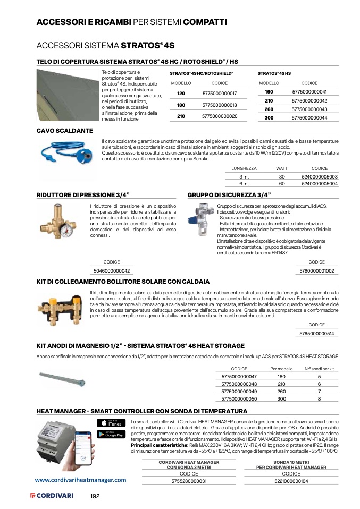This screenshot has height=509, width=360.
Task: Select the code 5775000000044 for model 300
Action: [x=309, y=118]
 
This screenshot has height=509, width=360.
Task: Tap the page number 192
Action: [x=95, y=496]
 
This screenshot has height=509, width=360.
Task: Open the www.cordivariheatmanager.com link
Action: [x=80, y=479]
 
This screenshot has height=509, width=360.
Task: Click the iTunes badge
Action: [x=111, y=423]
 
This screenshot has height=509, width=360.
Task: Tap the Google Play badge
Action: [x=111, y=434]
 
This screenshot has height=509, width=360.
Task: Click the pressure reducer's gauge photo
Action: [x=65, y=221]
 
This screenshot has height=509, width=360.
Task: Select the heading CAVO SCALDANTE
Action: [x=64, y=130]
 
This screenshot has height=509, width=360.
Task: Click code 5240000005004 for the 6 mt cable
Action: [x=319, y=183]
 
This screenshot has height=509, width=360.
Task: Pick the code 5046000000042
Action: [x=112, y=270]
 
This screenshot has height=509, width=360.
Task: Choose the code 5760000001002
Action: [x=316, y=270]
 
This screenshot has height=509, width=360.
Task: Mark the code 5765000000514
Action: [x=316, y=333]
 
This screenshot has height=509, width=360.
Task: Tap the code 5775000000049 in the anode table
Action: [x=239, y=391]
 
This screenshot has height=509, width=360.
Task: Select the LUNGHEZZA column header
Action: [x=244, y=168]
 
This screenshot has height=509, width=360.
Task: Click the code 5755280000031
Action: [x=189, y=481]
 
